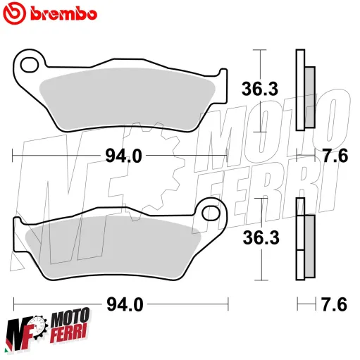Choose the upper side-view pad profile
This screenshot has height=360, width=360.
click(x=304, y=90)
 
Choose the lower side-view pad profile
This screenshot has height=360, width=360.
click(x=305, y=240)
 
